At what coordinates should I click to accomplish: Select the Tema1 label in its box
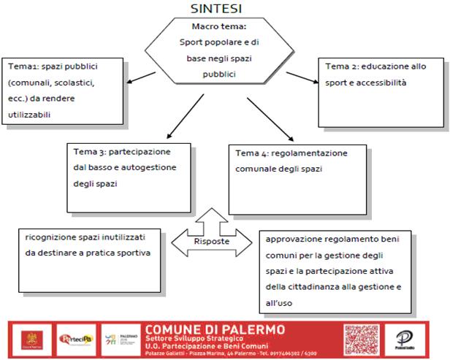[x=22, y=66]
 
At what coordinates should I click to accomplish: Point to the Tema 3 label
[x=88, y=152]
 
